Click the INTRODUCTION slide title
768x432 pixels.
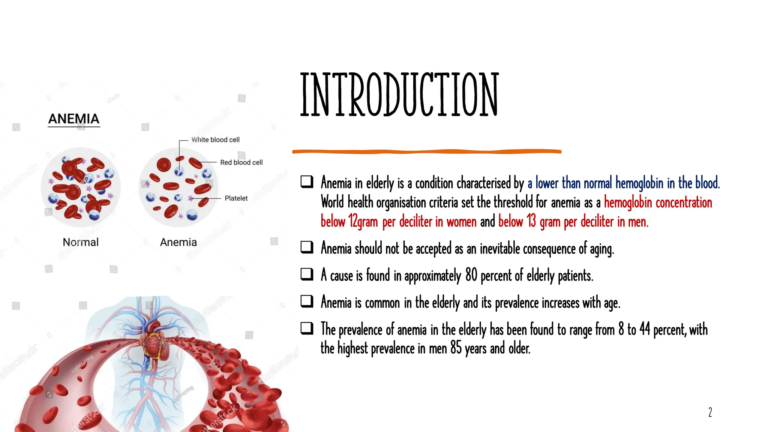pyautogui.click(x=399, y=94)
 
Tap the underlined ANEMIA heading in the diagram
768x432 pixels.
pyautogui.click(x=74, y=119)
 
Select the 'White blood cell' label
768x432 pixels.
pyautogui.click(x=215, y=140)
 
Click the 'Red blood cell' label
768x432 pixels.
pyautogui.click(x=241, y=162)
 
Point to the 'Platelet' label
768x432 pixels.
pyautogui.click(x=236, y=198)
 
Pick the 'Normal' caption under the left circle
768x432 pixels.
pyautogui.click(x=81, y=242)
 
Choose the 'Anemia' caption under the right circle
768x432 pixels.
pyautogui.click(x=178, y=242)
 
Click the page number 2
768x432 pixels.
pyautogui.click(x=710, y=412)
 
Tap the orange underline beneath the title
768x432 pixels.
pyautogui.click(x=427, y=151)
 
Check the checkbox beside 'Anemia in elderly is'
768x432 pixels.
pyautogui.click(x=307, y=182)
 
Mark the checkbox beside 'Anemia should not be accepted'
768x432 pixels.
pyautogui.click(x=307, y=247)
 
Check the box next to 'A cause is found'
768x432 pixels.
pyautogui.click(x=307, y=274)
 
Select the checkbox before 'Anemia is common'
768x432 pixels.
pyautogui.click(x=307, y=301)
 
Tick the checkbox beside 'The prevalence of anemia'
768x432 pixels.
pyautogui.click(x=307, y=328)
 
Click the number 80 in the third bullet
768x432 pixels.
pyautogui.click(x=471, y=275)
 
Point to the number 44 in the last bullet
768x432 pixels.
pyautogui.click(x=645, y=329)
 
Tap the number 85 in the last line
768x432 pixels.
pyautogui.click(x=456, y=348)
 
